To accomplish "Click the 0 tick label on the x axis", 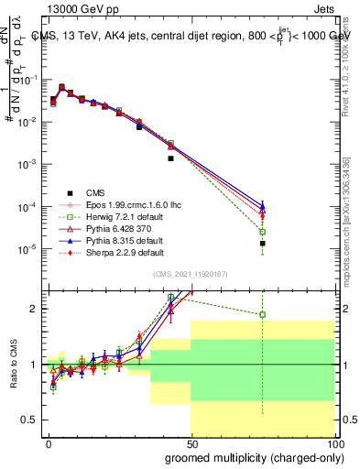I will tap(49, 442).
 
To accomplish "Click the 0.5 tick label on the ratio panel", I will tap(29, 420).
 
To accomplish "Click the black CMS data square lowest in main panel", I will tap(263, 244).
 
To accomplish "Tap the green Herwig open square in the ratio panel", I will tap(263, 314).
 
